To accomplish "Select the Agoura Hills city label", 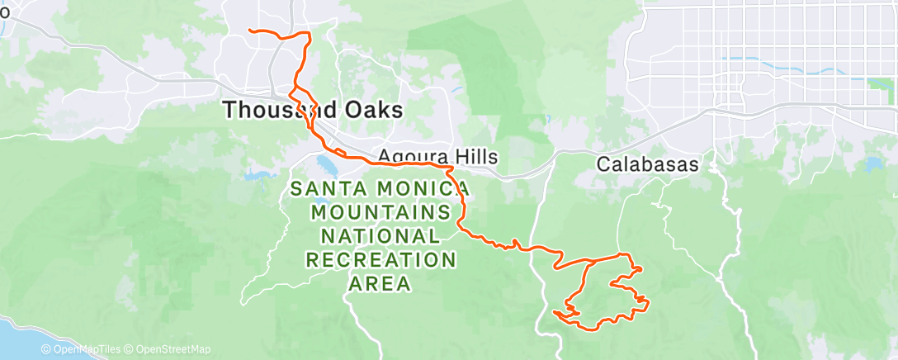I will point(427,156).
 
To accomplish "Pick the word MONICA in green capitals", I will point(421,189).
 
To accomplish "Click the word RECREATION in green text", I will point(380,260).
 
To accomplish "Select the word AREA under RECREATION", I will point(380,284).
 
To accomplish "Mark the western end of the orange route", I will point(251,31).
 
